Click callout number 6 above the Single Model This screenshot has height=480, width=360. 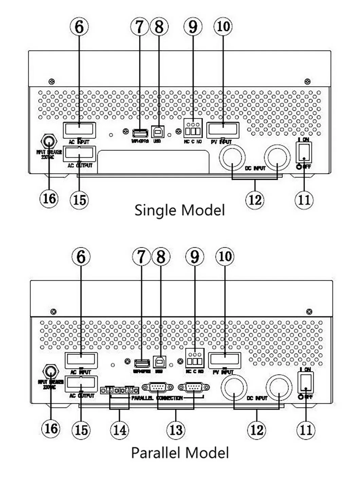(79, 26)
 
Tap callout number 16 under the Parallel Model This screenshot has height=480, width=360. (50, 428)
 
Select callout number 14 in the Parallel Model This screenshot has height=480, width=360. (120, 430)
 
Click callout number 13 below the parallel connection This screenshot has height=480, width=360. (176, 430)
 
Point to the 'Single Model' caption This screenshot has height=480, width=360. (180, 210)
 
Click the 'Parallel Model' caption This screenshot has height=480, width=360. (180, 453)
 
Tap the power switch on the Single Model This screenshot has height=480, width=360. (304, 152)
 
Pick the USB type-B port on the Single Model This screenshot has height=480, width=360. (157, 132)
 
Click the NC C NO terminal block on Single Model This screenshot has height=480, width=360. (193, 131)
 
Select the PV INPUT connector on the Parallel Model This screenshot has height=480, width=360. (225, 360)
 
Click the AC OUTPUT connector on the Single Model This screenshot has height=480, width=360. (79, 154)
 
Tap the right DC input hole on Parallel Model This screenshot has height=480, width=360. (279, 388)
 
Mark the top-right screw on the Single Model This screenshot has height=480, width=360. (307, 82)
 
